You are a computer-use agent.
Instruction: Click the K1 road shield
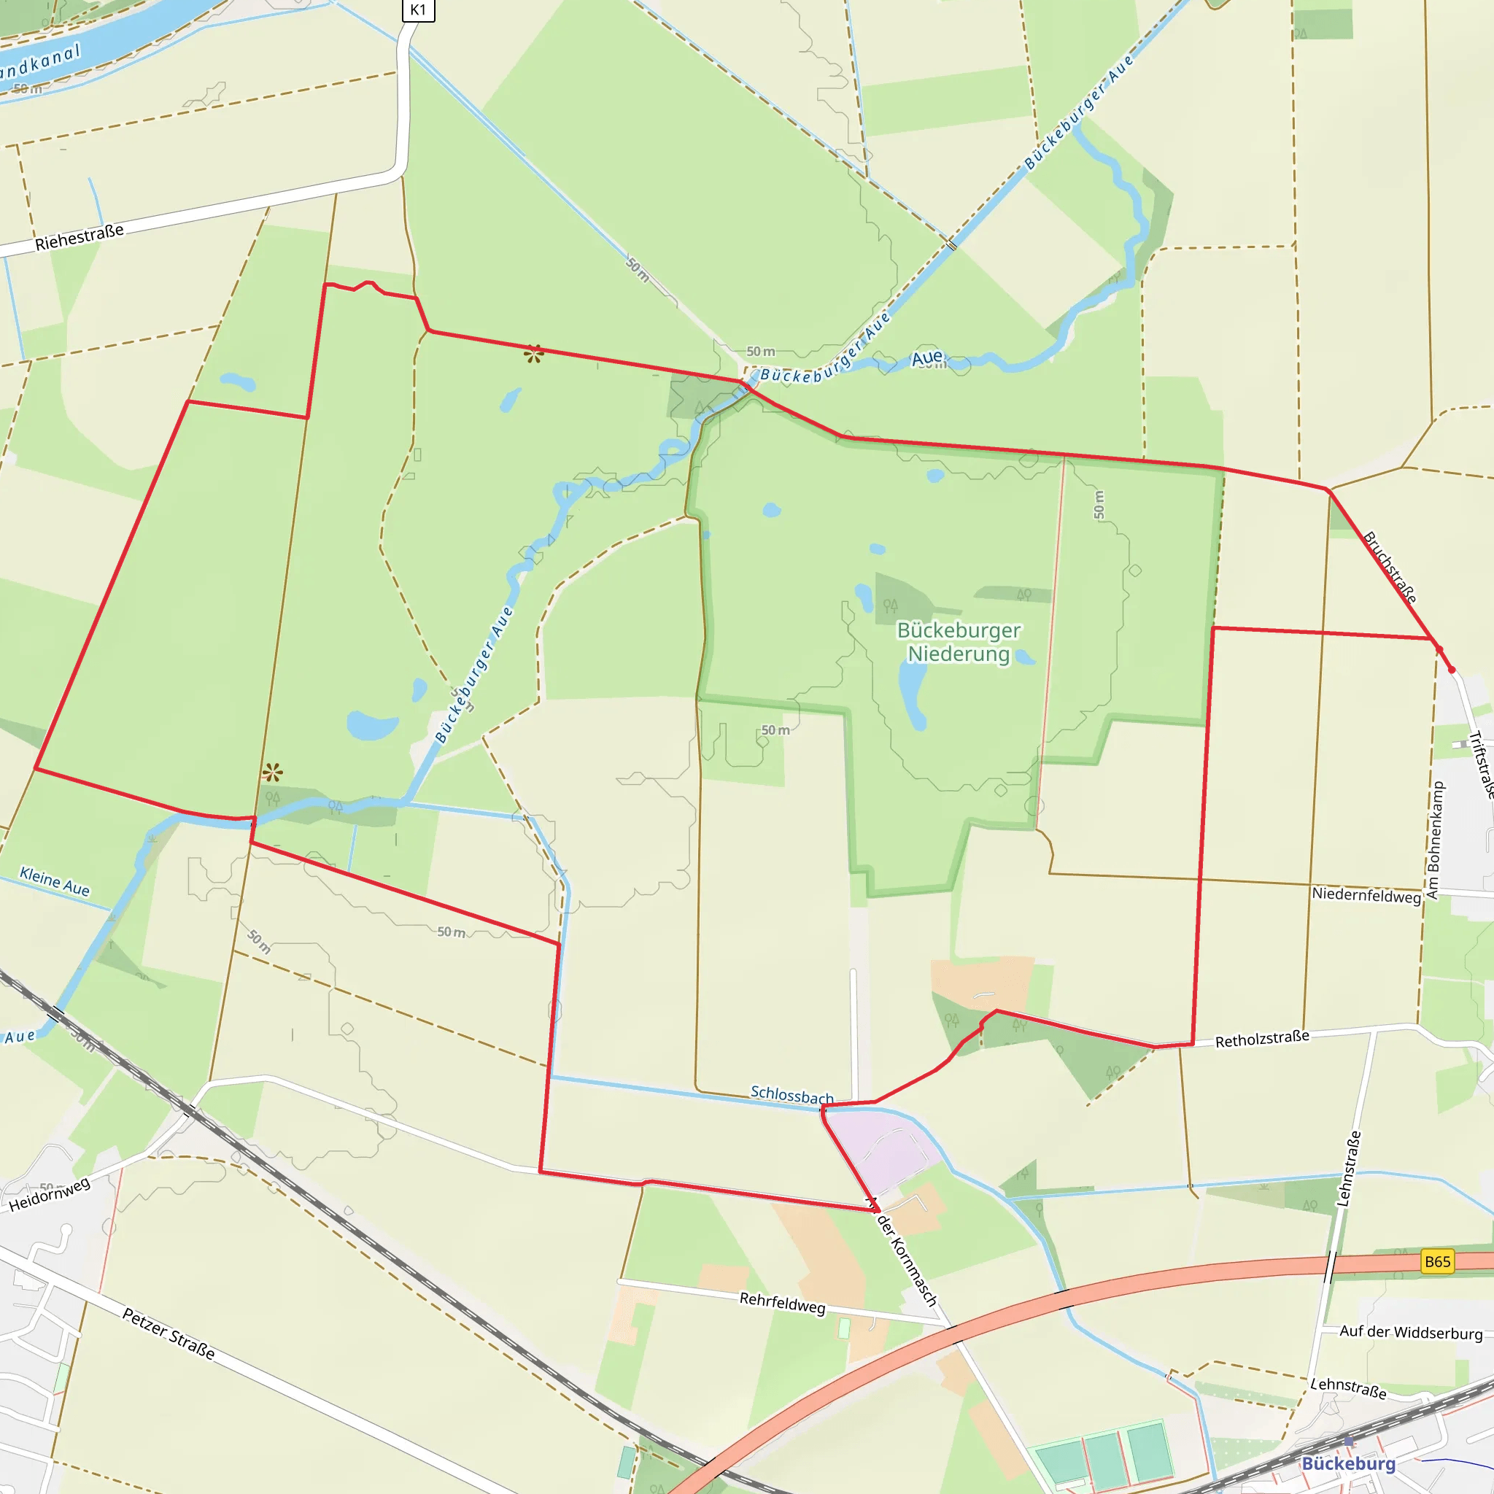(417, 9)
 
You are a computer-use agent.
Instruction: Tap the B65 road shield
(1437, 1261)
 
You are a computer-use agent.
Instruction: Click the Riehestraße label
(79, 237)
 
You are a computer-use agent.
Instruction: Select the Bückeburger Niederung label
(959, 642)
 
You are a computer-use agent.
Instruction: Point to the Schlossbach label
(791, 1095)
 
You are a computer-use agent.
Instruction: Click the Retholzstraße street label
(1262, 1040)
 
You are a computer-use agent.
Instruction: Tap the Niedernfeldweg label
(1366, 896)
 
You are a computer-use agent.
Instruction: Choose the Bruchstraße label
(1390, 567)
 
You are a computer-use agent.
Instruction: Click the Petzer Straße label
(169, 1334)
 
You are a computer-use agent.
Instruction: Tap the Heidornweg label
(50, 1195)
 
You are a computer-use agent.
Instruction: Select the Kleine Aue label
(54, 881)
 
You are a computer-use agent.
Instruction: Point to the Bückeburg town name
(1349, 1463)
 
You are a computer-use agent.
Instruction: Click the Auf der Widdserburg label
(1411, 1332)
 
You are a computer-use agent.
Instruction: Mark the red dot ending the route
(1452, 670)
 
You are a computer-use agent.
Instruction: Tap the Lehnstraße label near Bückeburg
(1348, 1387)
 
